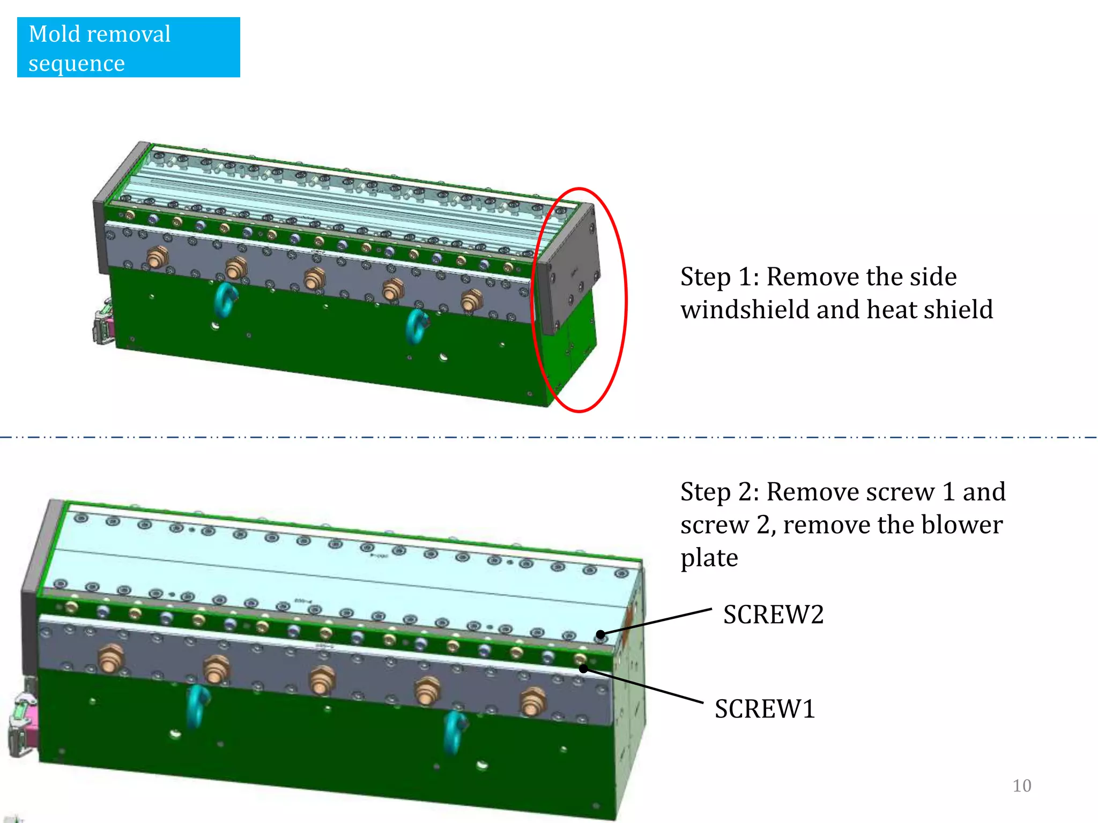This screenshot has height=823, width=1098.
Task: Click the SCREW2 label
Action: pyautogui.click(x=773, y=615)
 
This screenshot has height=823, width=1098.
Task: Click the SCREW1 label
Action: pyautogui.click(x=765, y=709)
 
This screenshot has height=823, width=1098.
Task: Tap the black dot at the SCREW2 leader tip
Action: pyautogui.click(x=600, y=635)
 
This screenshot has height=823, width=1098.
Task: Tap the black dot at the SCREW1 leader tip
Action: pyautogui.click(x=583, y=669)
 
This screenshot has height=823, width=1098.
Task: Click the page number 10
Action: pyautogui.click(x=1021, y=785)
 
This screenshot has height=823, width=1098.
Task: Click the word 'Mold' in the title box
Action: pyautogui.click(x=54, y=34)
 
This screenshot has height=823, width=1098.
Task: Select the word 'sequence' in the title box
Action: pyautogui.click(x=77, y=64)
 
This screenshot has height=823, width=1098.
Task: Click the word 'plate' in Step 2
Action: pyautogui.click(x=709, y=558)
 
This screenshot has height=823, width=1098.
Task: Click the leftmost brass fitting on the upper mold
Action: pyautogui.click(x=156, y=257)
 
